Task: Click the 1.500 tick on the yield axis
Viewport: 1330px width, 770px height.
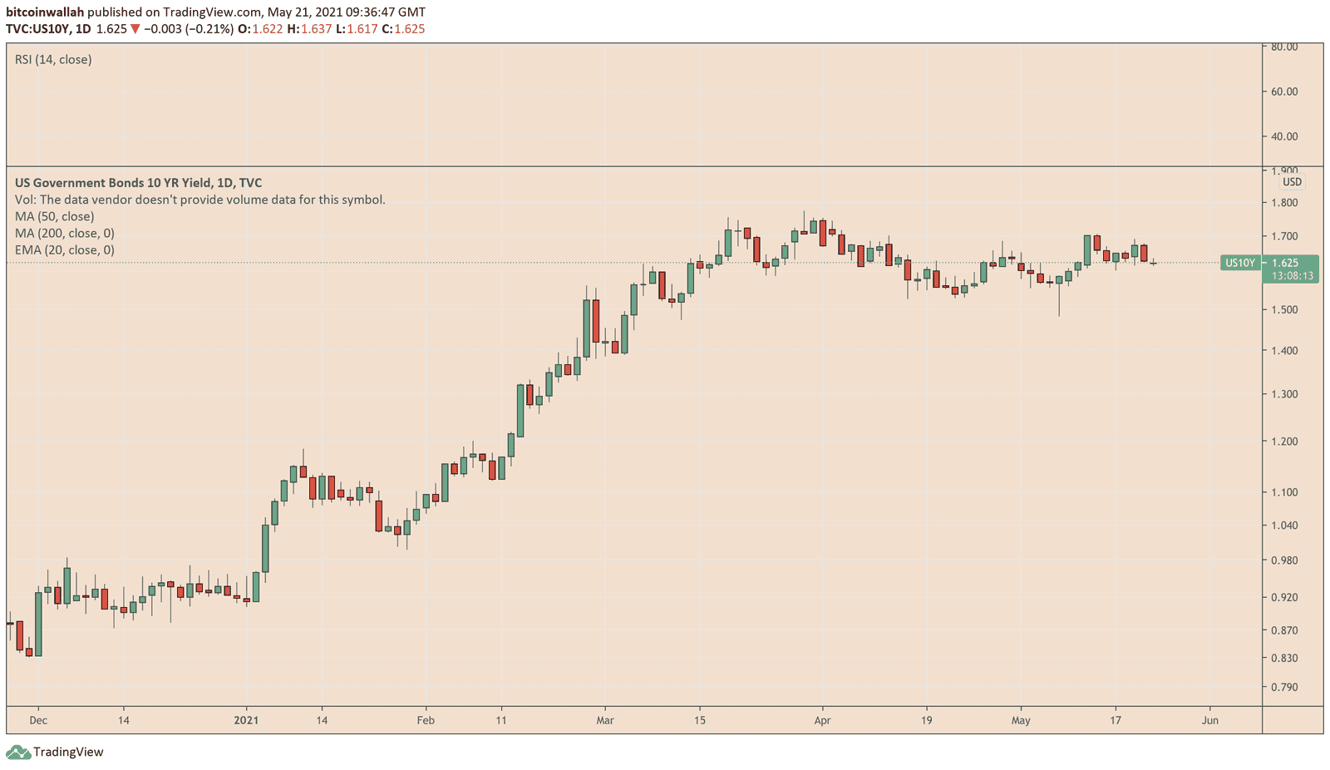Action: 1284,309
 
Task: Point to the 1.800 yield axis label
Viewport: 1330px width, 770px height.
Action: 1284,203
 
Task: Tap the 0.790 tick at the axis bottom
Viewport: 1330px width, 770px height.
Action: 1284,688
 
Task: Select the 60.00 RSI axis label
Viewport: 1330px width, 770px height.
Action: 1284,91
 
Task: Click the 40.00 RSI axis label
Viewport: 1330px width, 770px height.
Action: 1284,136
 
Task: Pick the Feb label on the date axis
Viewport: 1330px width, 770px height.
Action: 426,720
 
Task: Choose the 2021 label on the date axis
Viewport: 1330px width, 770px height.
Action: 246,720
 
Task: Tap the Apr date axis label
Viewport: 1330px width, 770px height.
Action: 822,720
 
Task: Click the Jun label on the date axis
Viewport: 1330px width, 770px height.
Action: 1210,720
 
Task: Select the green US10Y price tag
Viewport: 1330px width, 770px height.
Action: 1239,263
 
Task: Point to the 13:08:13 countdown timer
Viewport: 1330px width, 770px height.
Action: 1292,276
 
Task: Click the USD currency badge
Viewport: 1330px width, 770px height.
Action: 1292,182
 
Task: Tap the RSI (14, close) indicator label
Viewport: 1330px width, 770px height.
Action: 53,60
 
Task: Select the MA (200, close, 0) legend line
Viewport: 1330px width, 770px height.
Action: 65,233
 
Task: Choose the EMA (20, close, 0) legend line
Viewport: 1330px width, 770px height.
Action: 65,249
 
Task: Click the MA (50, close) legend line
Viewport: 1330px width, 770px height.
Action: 55,216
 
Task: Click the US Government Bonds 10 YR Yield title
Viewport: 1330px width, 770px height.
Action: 138,183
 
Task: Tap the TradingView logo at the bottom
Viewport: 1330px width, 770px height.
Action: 55,752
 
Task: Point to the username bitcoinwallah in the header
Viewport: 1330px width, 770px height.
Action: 45,12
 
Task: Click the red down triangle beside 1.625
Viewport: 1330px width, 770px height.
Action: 135,29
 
